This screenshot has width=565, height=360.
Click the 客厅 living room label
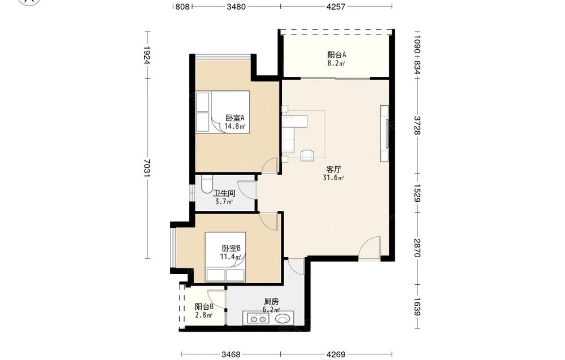click(334, 169)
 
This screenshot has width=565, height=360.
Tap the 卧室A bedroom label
click(235, 118)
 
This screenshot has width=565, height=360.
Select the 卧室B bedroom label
click(231, 248)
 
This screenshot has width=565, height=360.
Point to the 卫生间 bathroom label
click(224, 193)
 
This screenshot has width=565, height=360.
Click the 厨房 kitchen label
click(271, 302)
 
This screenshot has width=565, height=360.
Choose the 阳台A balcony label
click(337, 55)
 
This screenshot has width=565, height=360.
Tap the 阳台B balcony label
click(205, 307)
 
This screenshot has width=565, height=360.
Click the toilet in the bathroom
click(207, 184)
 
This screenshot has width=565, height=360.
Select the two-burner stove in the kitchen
click(256, 319)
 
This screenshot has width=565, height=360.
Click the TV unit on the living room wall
click(384, 133)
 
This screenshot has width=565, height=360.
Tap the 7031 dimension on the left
click(147, 168)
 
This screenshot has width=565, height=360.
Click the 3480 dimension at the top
click(236, 6)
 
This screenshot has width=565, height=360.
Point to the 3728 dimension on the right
click(417, 125)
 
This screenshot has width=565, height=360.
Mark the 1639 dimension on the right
click(417, 306)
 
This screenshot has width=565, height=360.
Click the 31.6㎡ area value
click(334, 177)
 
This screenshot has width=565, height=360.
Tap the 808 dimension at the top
click(182, 6)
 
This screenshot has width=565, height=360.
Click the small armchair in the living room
click(307, 155)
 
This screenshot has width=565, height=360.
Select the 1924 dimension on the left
click(147, 55)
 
